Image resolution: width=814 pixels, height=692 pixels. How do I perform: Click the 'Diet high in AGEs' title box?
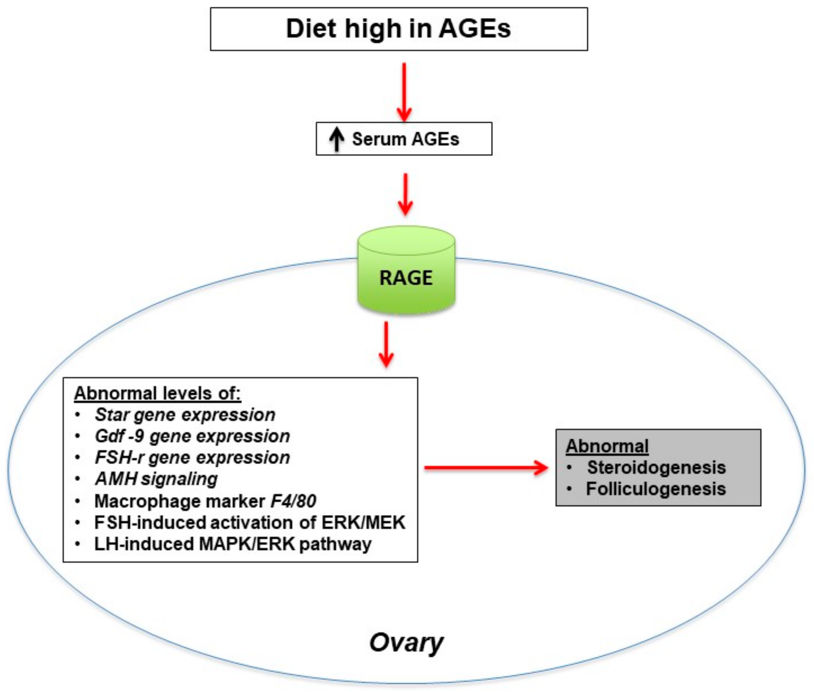pyautogui.click(x=398, y=29)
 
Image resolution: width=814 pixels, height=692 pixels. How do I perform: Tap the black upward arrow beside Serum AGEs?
pyautogui.click(x=336, y=140)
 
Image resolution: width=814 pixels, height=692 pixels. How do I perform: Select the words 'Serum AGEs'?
pyautogui.click(x=405, y=139)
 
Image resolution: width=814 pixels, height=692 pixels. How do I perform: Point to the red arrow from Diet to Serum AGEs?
pyautogui.click(x=404, y=92)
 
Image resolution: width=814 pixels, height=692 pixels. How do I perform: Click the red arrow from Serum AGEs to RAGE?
pyautogui.click(x=405, y=194)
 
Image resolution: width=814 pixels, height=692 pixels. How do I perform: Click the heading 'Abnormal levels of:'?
pyautogui.click(x=157, y=393)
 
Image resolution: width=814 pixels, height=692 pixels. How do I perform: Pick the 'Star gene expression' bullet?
pyautogui.click(x=185, y=415)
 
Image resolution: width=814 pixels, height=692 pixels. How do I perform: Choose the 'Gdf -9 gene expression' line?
pyautogui.click(x=192, y=436)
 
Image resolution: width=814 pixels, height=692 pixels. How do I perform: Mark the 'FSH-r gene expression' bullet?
pyautogui.click(x=192, y=457)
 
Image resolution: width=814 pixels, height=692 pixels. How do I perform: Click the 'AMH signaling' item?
pyautogui.click(x=156, y=479)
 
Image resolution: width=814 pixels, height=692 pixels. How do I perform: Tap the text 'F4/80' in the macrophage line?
pyautogui.click(x=293, y=501)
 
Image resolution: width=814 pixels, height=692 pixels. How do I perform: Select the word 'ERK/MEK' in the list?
pyautogui.click(x=363, y=523)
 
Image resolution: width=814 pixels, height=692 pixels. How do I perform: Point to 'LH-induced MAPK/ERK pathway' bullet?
pyautogui.click(x=233, y=544)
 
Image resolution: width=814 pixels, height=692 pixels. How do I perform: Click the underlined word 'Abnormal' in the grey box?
pyautogui.click(x=607, y=446)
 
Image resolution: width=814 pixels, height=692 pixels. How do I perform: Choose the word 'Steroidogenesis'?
pyautogui.click(x=656, y=467)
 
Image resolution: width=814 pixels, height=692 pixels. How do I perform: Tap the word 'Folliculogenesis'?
pyautogui.click(x=655, y=489)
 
